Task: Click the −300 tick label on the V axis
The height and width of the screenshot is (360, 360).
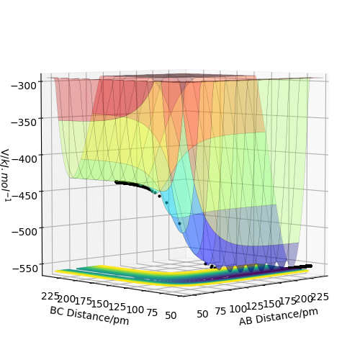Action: [x=24, y=86]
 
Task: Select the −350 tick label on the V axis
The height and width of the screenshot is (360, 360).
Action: [x=24, y=122]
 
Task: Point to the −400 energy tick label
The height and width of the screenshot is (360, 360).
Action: [x=24, y=158]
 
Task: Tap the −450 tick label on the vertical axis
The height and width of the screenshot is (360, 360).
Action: [x=24, y=195]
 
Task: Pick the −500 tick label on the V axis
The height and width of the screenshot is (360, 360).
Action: [x=24, y=232]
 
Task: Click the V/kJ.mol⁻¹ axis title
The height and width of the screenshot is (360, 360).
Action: [x=6, y=175]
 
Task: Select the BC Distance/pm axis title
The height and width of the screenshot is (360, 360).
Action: [x=89, y=315]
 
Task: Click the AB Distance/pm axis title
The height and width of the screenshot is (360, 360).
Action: [x=279, y=317]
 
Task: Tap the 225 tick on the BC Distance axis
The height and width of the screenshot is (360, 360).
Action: [x=50, y=296]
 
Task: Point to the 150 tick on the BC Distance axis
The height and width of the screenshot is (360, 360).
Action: [x=100, y=304]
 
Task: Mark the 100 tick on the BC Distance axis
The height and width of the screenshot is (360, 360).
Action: [x=135, y=310]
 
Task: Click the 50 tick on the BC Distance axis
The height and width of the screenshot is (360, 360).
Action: [x=171, y=315]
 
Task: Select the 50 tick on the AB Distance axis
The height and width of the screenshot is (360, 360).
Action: [x=202, y=314]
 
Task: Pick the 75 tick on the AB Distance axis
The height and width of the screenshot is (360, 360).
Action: [x=220, y=311]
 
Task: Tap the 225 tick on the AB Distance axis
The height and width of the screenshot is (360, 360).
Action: [x=320, y=297]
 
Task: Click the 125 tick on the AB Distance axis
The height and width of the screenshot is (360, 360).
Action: [x=255, y=306]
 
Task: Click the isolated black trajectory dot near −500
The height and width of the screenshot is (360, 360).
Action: [x=179, y=223]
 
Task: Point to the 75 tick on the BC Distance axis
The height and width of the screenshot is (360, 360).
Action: [x=152, y=312]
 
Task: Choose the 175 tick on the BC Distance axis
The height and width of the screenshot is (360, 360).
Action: [x=84, y=301]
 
